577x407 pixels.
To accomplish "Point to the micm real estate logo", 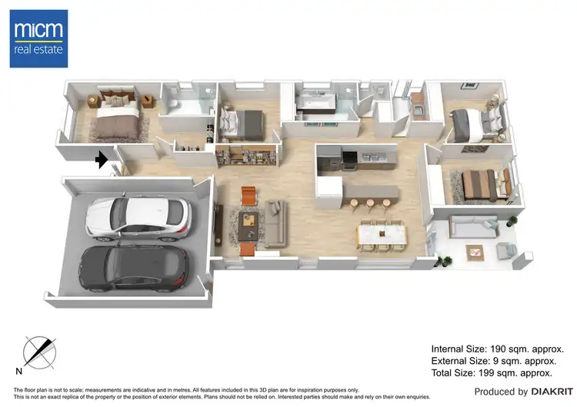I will tap(38, 38).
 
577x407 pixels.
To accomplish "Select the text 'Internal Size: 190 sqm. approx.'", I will tap(503, 348).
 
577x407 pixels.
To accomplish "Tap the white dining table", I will tap(382, 232).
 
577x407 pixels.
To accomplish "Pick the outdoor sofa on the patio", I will tap(470, 227).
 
